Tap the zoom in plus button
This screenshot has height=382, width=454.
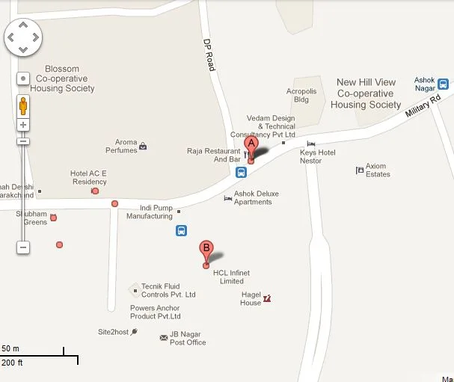tap(23, 124)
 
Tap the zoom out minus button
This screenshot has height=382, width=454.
tap(23, 247)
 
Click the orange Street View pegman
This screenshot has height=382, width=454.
tap(23, 105)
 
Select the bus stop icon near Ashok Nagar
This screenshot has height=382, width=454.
tap(443, 84)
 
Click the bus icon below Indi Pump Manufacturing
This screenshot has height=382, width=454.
tap(182, 230)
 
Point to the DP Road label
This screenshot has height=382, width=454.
tap(209, 55)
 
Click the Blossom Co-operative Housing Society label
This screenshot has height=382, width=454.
tap(66, 78)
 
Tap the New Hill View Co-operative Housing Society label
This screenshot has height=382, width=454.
tap(366, 93)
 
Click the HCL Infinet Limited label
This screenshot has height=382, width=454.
tap(228, 277)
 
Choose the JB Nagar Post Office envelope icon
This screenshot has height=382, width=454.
tap(164, 338)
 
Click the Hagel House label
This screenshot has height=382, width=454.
tap(251, 298)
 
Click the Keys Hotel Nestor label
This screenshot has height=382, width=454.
tap(318, 156)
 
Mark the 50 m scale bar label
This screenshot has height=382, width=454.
tap(10, 348)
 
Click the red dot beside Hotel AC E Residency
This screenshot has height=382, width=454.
tap(95, 191)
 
